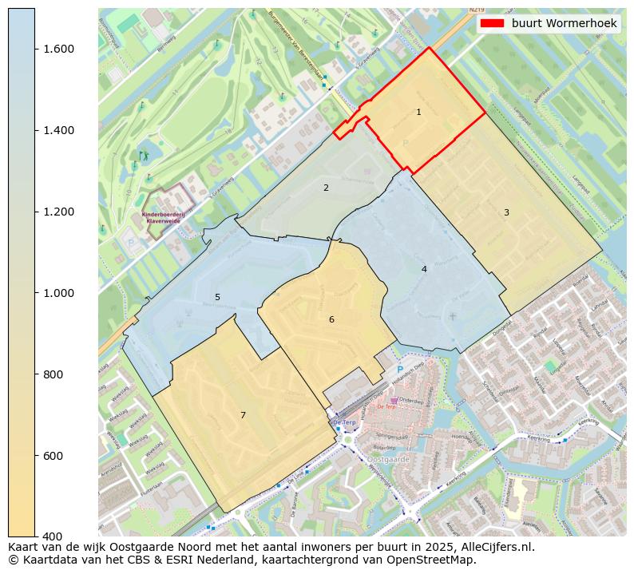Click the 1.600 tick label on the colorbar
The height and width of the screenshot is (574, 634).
(x=58, y=49)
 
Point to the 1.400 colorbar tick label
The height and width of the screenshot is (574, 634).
(x=58, y=131)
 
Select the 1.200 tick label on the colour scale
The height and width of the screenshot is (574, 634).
(x=58, y=212)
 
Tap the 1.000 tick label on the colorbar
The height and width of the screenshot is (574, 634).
(x=58, y=294)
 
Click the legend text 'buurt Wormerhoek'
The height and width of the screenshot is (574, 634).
(x=564, y=24)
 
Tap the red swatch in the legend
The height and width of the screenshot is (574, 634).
(x=492, y=24)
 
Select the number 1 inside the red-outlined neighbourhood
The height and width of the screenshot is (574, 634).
(x=418, y=113)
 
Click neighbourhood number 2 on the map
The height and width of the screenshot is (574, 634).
(x=326, y=188)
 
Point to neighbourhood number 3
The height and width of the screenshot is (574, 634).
(x=506, y=212)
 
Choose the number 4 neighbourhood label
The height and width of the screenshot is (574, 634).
(x=424, y=270)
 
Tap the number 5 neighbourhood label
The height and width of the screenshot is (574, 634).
(x=217, y=298)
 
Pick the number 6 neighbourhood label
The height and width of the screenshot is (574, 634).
(x=331, y=320)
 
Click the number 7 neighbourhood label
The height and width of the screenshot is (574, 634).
(x=243, y=415)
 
